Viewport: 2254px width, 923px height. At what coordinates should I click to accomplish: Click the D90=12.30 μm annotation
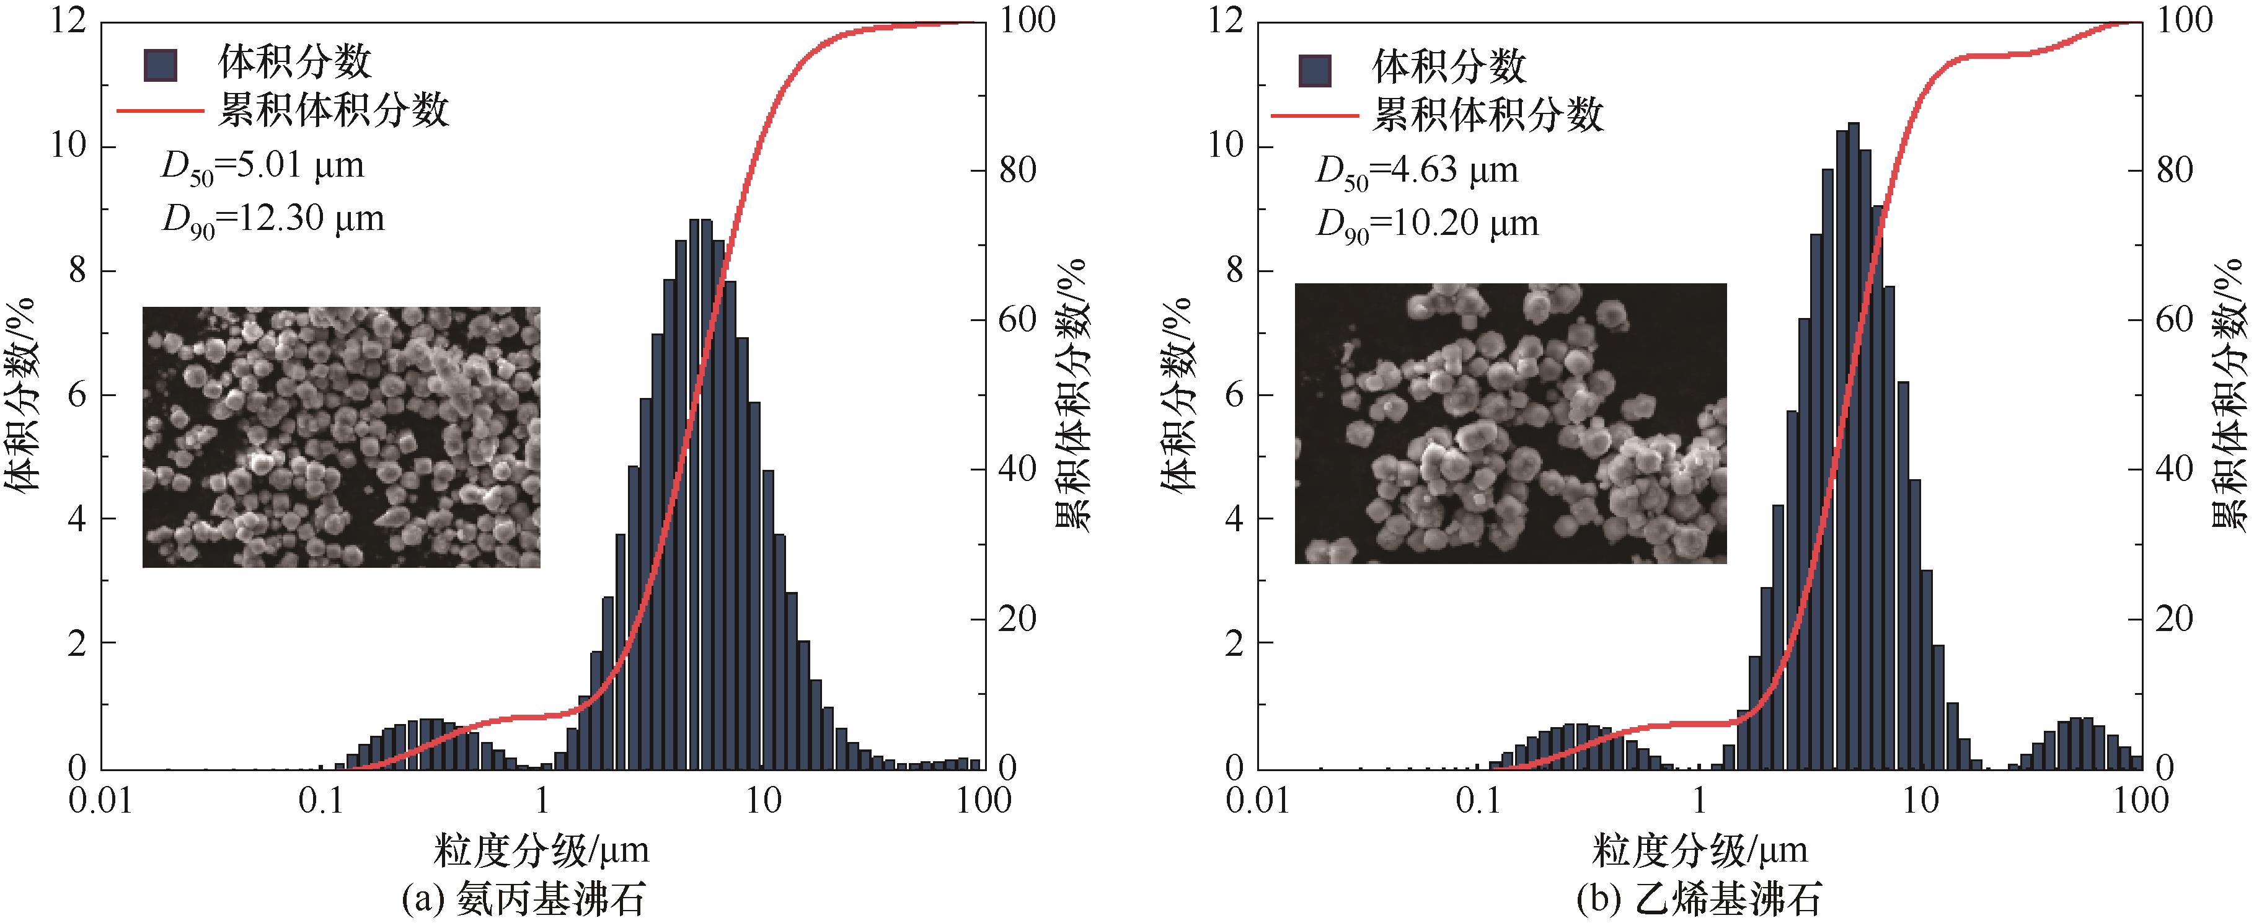[x=273, y=219]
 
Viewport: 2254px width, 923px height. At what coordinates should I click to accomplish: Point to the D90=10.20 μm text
[x=1427, y=224]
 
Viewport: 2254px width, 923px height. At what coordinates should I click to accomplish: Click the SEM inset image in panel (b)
[x=1510, y=423]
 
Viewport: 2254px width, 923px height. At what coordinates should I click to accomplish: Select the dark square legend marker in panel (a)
[x=160, y=64]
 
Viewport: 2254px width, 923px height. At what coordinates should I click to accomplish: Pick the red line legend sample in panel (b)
[x=1314, y=115]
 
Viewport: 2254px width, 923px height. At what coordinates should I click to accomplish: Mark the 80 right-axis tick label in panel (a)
[x=1018, y=170]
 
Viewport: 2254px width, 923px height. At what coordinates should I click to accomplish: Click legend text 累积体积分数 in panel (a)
[x=332, y=111]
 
